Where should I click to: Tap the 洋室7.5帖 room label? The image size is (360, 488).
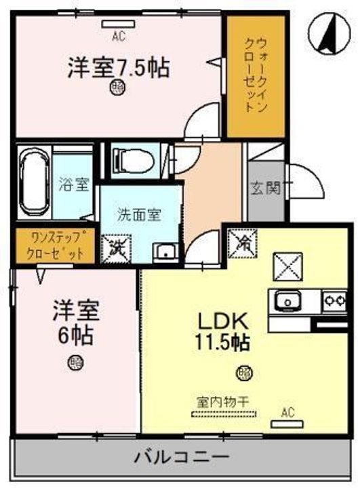tap(118, 69)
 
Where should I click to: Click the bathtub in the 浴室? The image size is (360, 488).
tap(33, 181)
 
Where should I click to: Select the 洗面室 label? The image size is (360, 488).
tap(141, 216)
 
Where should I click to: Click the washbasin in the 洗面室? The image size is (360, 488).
tap(164, 251)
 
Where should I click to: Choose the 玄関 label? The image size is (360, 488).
tap(266, 188)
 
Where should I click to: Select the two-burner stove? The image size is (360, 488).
tap(334, 299)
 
